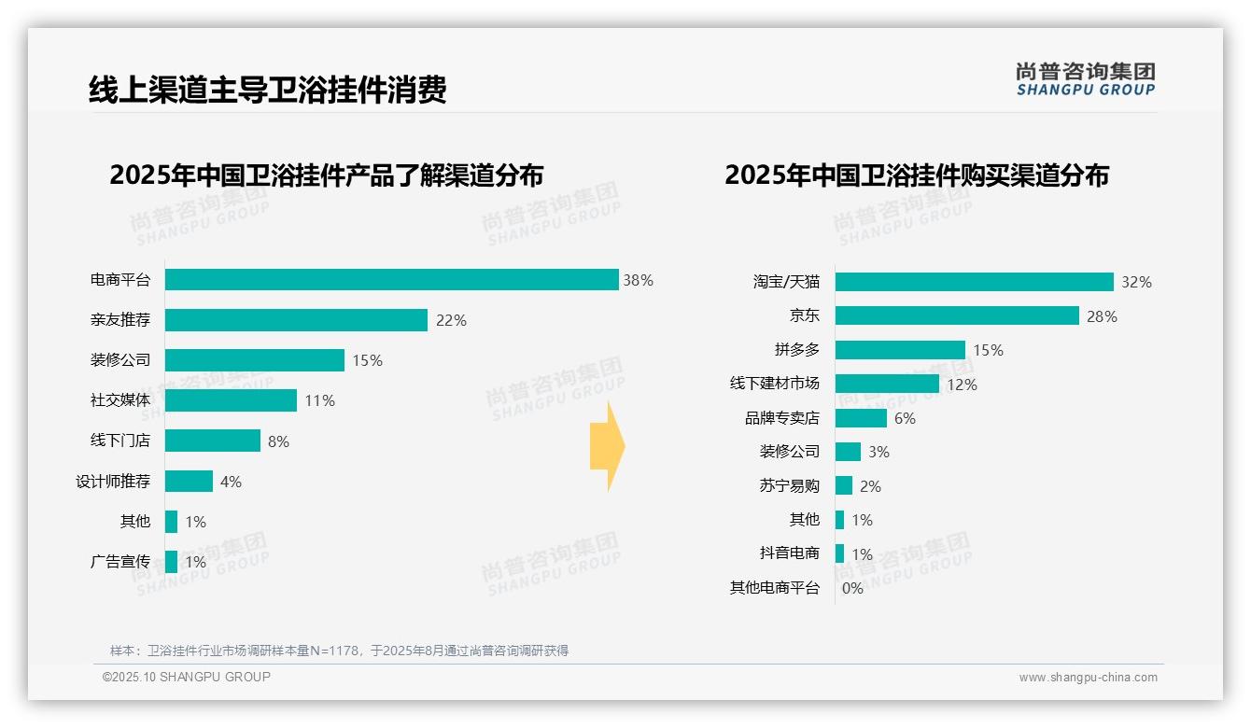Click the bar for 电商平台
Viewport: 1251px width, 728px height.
click(392, 280)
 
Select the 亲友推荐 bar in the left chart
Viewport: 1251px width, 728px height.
click(296, 320)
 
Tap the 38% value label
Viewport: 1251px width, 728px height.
click(639, 280)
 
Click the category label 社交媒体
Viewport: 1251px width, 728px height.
click(120, 400)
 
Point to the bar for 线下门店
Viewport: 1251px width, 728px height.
click(213, 441)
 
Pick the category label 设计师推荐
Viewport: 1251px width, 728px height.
click(113, 482)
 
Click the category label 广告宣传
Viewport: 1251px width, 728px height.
click(120, 562)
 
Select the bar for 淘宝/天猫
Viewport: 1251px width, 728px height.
click(974, 282)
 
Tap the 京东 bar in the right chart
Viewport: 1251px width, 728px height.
click(957, 315)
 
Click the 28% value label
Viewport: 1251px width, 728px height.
click(1102, 316)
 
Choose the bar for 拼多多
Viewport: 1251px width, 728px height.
click(900, 350)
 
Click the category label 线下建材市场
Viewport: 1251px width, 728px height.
click(775, 384)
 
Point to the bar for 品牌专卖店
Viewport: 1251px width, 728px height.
click(861, 418)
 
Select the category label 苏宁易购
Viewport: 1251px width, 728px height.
click(790, 485)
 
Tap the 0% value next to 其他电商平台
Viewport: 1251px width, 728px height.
click(852, 588)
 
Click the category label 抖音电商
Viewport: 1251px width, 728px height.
click(790, 553)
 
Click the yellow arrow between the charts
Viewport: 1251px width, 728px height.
click(608, 447)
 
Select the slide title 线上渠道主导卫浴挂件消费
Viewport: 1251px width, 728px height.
click(268, 90)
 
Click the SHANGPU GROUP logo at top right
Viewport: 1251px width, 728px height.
click(1085, 79)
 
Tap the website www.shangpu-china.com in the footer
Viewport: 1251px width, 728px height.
click(1088, 678)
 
